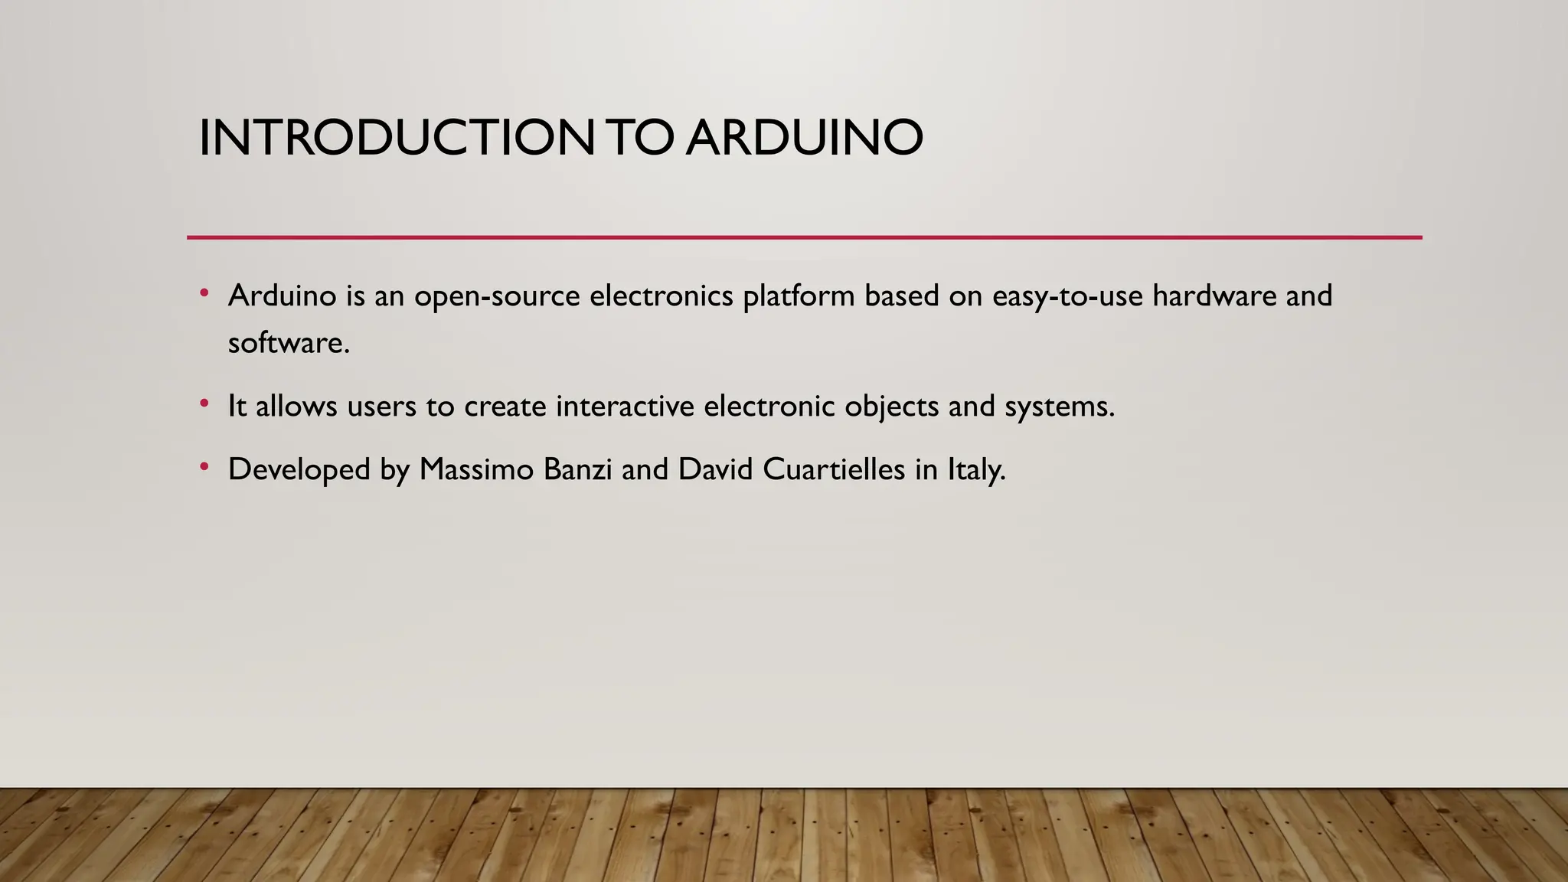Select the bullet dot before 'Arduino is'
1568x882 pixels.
point(204,293)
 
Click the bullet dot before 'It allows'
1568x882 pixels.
point(204,403)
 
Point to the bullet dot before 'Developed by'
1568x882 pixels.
point(204,467)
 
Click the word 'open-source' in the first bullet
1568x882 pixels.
point(497,296)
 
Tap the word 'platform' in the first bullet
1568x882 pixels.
point(799,296)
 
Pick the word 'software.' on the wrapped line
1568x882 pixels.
point(289,343)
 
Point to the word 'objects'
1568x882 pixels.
point(891,407)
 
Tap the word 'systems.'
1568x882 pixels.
point(1060,407)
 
